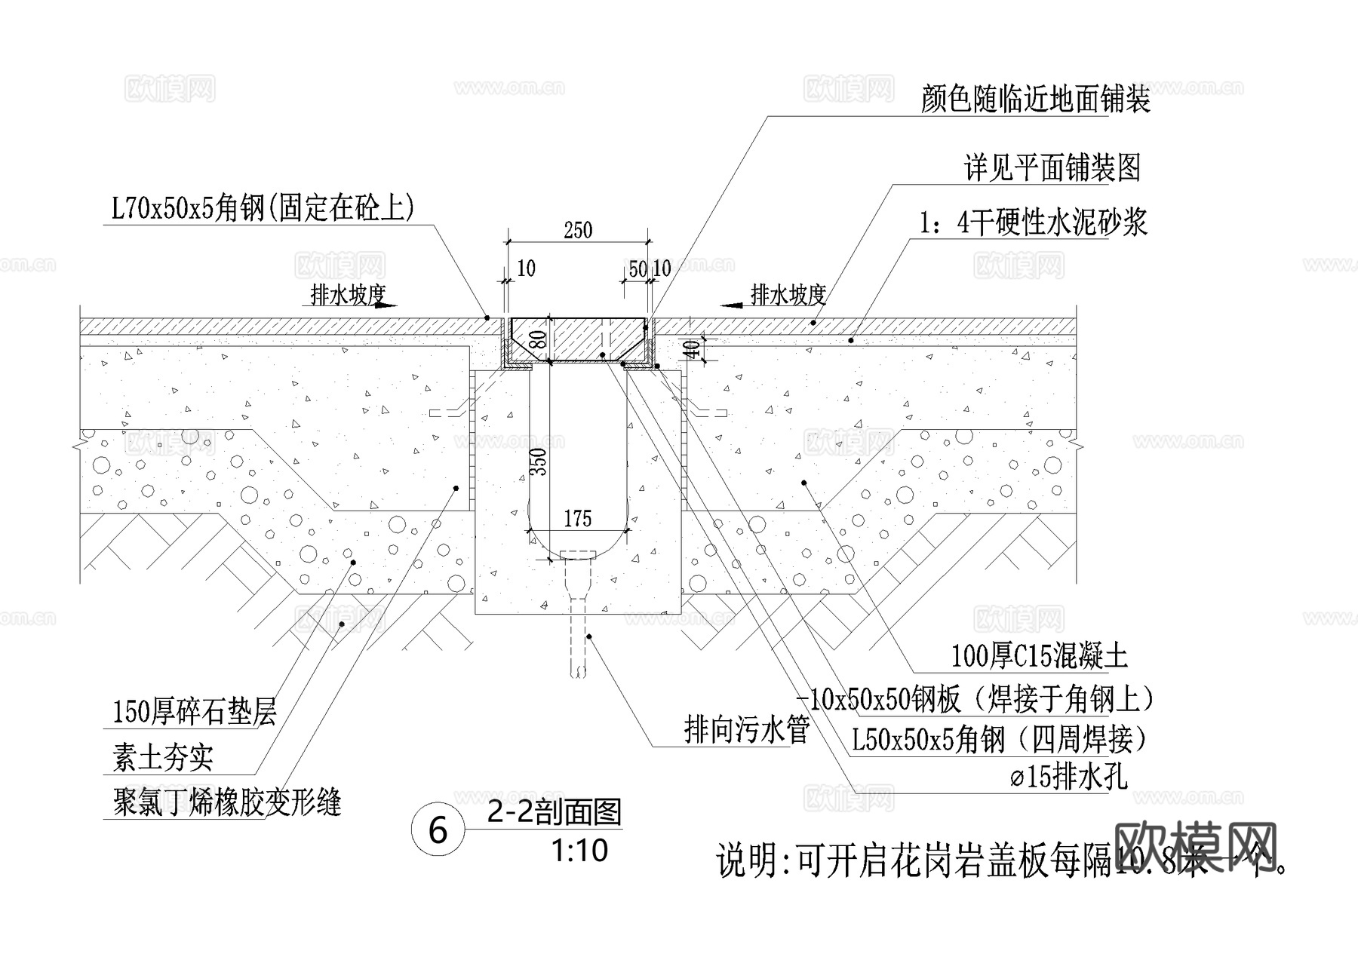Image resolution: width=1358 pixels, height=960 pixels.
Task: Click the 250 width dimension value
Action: pos(578,230)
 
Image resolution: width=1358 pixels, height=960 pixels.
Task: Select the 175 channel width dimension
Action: pos(578,518)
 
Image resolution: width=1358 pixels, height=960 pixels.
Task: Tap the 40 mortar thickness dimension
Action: pos(690,348)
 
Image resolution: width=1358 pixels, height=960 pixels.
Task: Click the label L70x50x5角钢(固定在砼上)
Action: pos(263,207)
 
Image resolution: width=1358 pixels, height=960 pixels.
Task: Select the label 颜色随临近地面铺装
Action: pos(1035,99)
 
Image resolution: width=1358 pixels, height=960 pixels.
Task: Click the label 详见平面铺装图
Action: pos(1052,167)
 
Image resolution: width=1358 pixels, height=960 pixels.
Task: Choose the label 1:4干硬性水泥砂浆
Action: pos(1033,222)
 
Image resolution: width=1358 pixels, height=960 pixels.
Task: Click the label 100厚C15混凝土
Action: pos(1039,655)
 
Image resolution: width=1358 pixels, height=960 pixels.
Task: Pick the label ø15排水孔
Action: pos(1069,776)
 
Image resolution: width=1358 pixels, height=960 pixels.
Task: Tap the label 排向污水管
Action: pos(746,729)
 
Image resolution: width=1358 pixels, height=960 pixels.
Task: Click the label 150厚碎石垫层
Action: pos(195,711)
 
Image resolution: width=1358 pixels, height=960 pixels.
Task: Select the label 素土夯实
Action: pos(163,757)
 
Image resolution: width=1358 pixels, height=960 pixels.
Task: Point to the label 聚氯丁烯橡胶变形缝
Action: pos(227,802)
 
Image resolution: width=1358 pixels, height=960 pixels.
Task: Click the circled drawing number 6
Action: pos(438,830)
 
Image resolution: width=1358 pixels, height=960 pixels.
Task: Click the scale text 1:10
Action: pos(579,851)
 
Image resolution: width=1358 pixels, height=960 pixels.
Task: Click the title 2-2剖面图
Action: pos(555,812)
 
